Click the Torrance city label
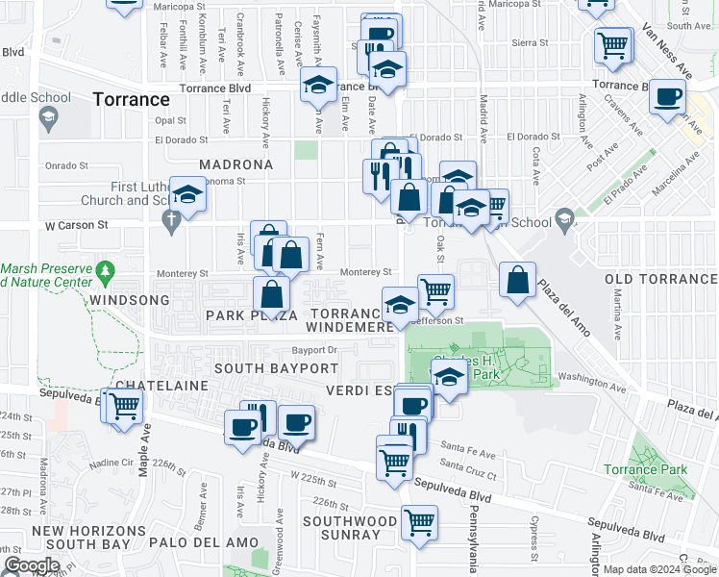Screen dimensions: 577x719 tap(132, 99)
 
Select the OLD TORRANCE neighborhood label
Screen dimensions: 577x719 tap(661, 279)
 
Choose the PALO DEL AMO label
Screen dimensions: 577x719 tap(202, 542)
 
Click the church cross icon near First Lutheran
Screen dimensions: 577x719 tap(172, 222)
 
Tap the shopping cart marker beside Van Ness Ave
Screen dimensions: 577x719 tap(613, 44)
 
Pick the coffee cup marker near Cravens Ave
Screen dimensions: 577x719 tap(668, 97)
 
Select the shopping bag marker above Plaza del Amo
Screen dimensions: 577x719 tap(518, 280)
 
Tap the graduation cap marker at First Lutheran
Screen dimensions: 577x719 tap(188, 195)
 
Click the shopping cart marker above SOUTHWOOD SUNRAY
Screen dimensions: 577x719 tap(419, 522)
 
